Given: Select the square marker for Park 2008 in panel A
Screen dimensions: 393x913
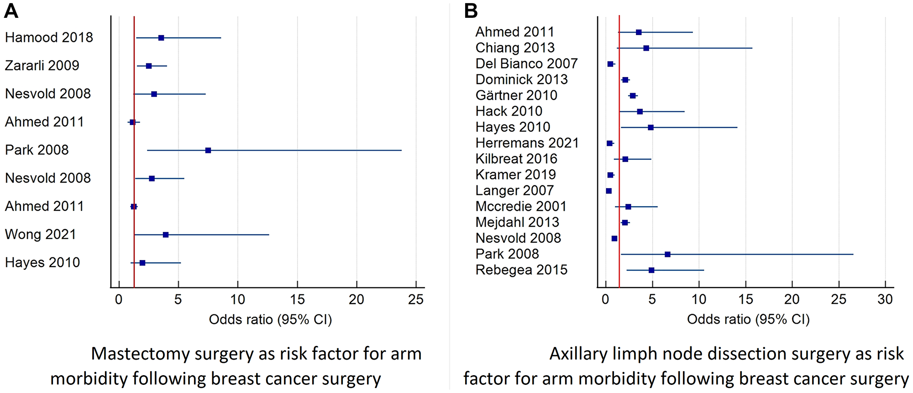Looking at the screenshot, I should [x=208, y=150].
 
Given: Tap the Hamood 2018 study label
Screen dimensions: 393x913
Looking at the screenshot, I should [x=49, y=37].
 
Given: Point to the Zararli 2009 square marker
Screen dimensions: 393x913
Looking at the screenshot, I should [x=149, y=66].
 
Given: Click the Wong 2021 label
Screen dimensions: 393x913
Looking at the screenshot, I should [x=40, y=234].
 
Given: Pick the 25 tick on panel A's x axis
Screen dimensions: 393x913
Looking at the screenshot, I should [x=416, y=299].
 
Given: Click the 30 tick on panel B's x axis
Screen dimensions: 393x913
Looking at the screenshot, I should [x=885, y=299].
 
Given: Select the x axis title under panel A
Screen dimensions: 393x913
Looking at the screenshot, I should [x=270, y=320].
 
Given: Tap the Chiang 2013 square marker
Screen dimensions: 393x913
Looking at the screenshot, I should [x=646, y=48].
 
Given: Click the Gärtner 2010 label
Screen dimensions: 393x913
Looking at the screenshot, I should [x=516, y=95].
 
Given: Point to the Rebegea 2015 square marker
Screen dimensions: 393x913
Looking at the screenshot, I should [x=651, y=270].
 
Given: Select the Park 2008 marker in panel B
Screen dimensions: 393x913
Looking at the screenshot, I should [x=667, y=254].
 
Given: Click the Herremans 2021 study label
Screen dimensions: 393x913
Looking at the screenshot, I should [x=527, y=143].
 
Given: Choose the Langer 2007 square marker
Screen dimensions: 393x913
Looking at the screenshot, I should [x=609, y=191].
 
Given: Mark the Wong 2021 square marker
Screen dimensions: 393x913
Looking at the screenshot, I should [x=166, y=235].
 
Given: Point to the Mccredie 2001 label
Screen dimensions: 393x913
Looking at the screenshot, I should [x=521, y=206].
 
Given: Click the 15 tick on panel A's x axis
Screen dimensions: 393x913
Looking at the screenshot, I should [x=297, y=299].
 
